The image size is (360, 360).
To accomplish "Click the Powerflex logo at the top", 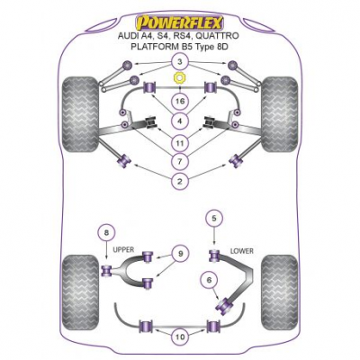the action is tap(180, 22).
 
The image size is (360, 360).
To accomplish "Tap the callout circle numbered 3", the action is tap(180, 62).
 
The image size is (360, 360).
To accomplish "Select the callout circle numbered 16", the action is tap(180, 102).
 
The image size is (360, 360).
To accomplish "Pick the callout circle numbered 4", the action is tap(180, 121).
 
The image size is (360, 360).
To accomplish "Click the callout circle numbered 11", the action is tap(180, 143).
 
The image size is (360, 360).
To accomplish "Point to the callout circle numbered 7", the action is tap(180, 162).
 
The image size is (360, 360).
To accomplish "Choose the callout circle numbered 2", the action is tap(180, 181).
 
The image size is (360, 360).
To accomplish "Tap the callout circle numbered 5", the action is tap(213, 218).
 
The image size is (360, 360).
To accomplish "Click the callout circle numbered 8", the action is tap(107, 232).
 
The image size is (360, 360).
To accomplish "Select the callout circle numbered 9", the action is tap(180, 254).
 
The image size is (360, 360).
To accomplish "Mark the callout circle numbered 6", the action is tap(209, 280).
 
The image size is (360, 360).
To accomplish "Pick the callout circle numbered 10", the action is tap(180, 337).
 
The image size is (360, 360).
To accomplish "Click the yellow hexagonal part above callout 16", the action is tap(179, 78).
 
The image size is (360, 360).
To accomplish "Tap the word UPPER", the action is tap(123, 249).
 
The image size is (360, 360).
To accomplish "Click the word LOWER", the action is tap(241, 251).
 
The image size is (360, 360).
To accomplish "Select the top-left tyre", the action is tap(80, 114).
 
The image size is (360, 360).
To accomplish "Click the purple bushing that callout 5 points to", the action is tap(214, 256).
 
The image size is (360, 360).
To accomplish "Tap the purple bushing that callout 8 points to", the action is tap(107, 271).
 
